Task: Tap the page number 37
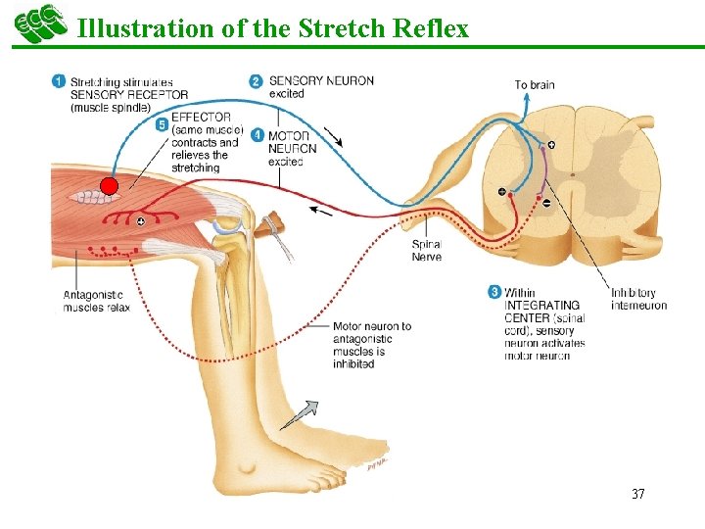637,494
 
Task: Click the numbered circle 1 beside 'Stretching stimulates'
59,81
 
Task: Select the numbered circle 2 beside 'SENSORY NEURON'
256,81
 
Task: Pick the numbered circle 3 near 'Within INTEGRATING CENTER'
494,292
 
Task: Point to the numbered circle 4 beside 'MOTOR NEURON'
257,134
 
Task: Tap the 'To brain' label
535,85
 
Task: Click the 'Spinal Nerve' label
426,251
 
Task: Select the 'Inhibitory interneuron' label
638,299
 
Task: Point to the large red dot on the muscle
109,186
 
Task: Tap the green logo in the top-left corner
37,24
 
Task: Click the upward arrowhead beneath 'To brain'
535,106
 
